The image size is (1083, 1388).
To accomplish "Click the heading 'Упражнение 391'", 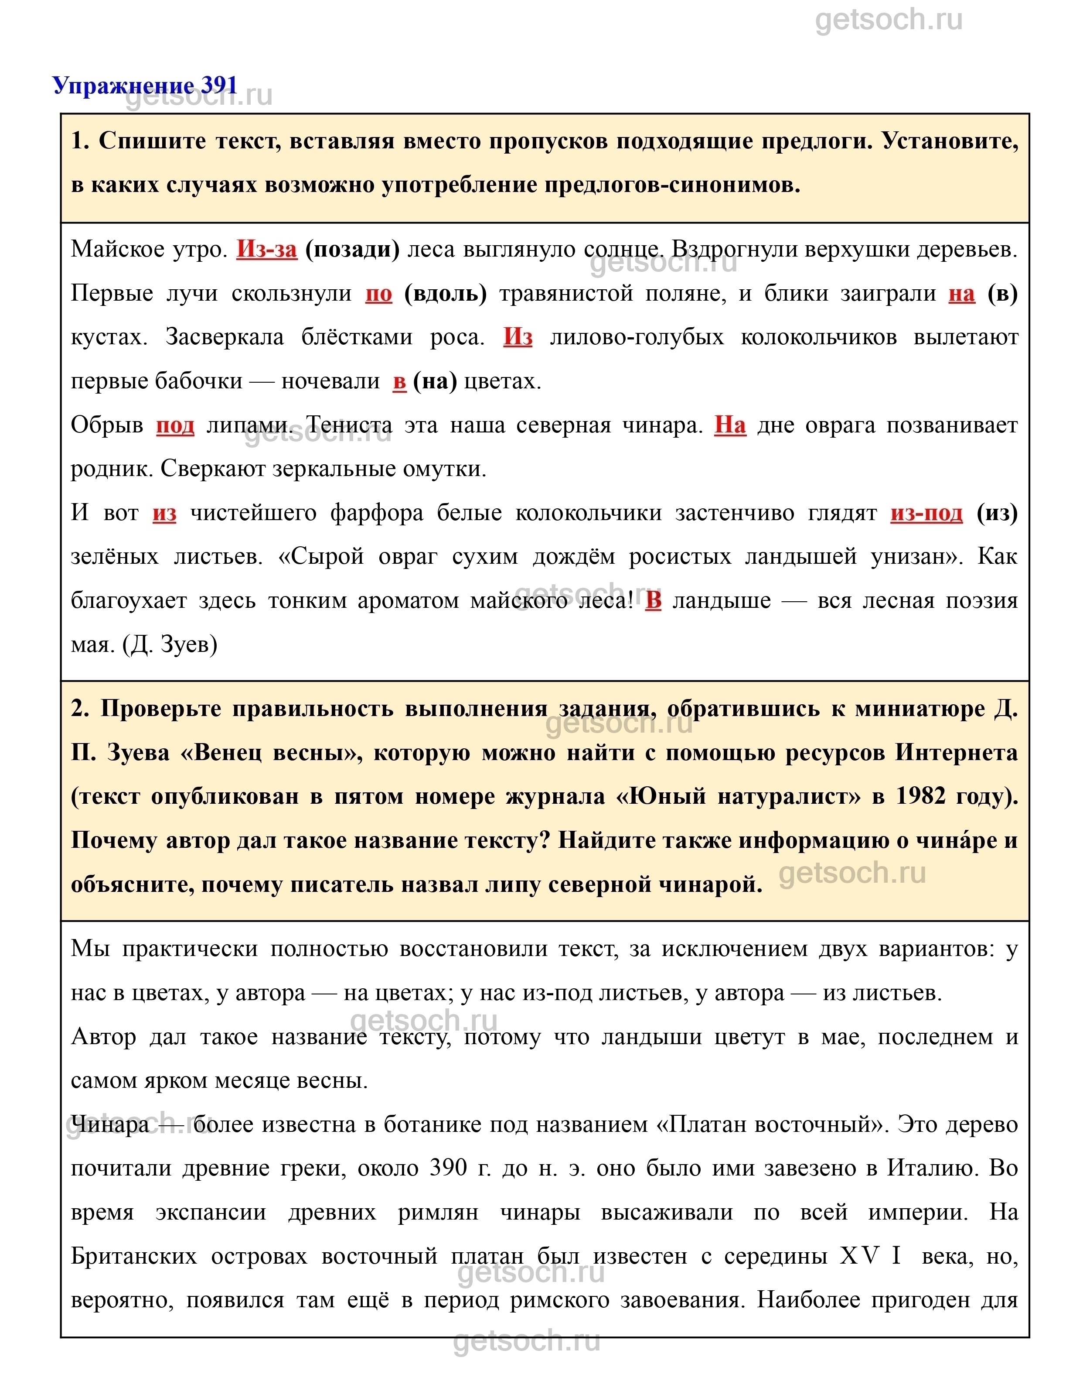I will tap(145, 85).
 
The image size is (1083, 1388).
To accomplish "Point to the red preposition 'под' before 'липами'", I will tap(175, 425).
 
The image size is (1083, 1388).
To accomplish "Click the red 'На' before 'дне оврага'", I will tap(730, 425).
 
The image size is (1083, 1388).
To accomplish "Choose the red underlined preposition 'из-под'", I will tap(926, 512).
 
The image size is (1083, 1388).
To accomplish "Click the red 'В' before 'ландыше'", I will tap(654, 600).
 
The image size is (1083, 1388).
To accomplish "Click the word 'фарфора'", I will tap(377, 512).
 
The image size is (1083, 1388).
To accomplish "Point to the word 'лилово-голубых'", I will tap(637, 337).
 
